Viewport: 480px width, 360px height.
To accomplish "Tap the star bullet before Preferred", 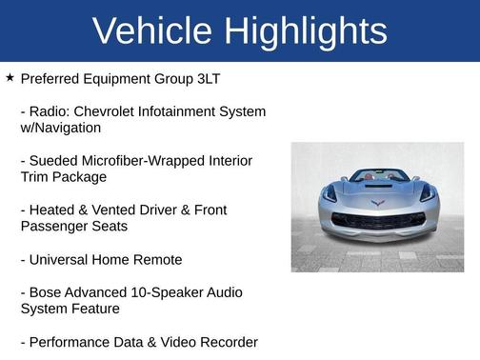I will pos(10,77).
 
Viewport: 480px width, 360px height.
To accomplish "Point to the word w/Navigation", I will pos(60,128).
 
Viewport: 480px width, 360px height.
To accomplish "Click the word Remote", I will pos(160,259).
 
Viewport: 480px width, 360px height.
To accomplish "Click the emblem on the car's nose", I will pos(377,203).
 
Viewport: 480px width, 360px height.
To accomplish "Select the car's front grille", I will pos(377,221).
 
